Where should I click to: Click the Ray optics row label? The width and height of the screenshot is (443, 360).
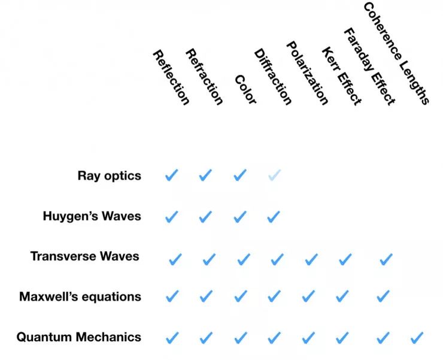coord(109,176)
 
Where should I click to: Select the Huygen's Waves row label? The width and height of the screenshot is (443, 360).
coord(92,216)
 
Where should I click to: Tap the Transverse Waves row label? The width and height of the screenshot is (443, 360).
coord(84,256)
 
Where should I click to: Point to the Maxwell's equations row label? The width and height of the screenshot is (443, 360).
coord(80,297)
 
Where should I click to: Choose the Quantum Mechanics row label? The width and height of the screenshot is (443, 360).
coord(78,337)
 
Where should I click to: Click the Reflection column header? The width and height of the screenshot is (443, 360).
coord(171,77)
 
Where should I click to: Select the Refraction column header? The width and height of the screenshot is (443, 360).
coord(205,77)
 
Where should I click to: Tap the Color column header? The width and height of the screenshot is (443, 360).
coord(245,90)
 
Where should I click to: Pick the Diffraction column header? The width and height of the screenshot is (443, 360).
coord(273,77)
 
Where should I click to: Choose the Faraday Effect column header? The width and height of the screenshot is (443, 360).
coord(369,66)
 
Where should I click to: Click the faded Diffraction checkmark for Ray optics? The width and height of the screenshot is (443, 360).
coord(274,176)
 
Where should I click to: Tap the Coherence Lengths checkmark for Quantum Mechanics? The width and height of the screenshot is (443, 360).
coord(417,338)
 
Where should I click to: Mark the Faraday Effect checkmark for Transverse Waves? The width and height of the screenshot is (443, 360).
coord(386,259)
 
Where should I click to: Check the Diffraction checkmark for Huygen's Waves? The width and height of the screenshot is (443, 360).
coord(274,216)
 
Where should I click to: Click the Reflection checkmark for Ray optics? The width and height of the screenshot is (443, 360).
coord(171,176)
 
